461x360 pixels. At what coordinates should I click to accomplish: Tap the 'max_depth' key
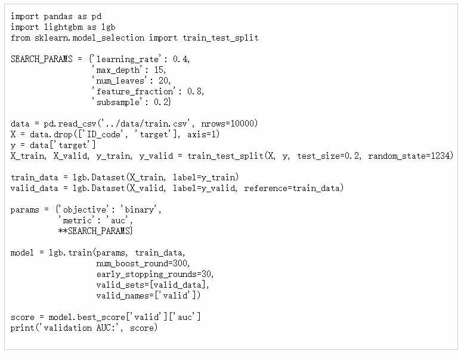coord(116,70)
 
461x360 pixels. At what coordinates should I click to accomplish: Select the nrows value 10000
coord(245,124)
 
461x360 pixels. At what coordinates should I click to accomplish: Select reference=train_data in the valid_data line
coord(293,188)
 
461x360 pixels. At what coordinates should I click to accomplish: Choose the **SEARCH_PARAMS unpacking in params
coord(95,231)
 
